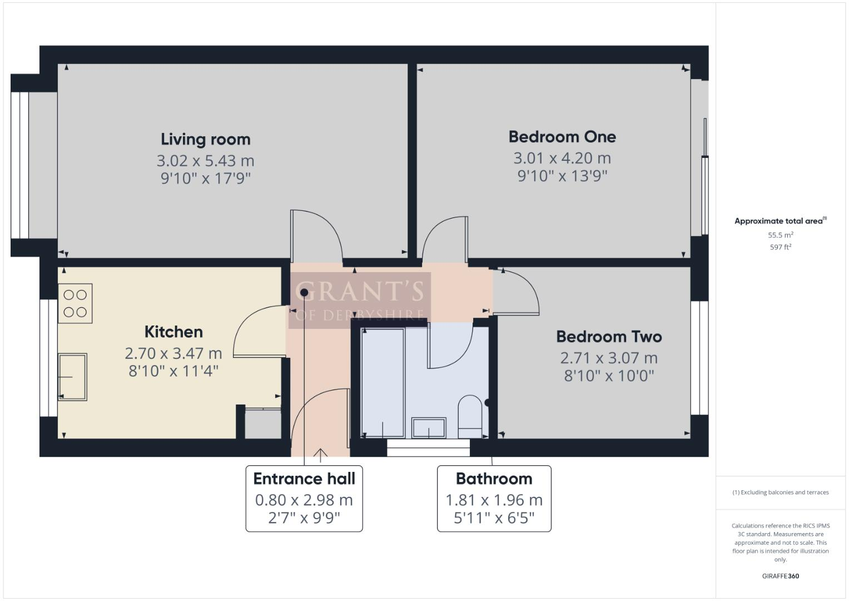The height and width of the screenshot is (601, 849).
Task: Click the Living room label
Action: click(x=206, y=139)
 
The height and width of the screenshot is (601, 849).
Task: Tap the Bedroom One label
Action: click(x=562, y=137)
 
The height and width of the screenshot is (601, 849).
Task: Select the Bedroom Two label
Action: click(x=609, y=337)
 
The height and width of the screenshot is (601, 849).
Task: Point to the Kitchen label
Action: click(x=173, y=332)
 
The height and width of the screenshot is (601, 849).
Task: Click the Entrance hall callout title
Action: click(x=304, y=479)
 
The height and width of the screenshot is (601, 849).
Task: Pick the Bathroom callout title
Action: click(x=494, y=479)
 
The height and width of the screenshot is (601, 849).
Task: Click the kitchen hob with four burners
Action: click(x=75, y=304)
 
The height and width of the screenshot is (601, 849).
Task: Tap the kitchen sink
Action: click(x=72, y=377)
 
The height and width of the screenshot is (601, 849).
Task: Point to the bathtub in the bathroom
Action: click(x=383, y=383)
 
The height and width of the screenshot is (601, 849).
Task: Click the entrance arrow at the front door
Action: click(x=320, y=455)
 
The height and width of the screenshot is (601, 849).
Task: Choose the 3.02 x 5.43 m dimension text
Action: click(x=206, y=161)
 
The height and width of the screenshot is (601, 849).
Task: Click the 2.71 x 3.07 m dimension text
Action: click(x=609, y=358)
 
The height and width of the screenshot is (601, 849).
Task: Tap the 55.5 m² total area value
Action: click(x=781, y=235)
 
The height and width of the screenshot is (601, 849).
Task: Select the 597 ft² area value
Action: click(x=781, y=247)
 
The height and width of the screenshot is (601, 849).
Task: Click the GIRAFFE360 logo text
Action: click(x=781, y=576)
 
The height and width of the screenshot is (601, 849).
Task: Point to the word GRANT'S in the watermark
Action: click(x=359, y=292)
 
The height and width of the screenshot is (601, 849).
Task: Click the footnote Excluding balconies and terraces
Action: click(x=781, y=492)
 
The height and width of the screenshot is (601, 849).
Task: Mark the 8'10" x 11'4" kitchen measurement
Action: click(x=173, y=371)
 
